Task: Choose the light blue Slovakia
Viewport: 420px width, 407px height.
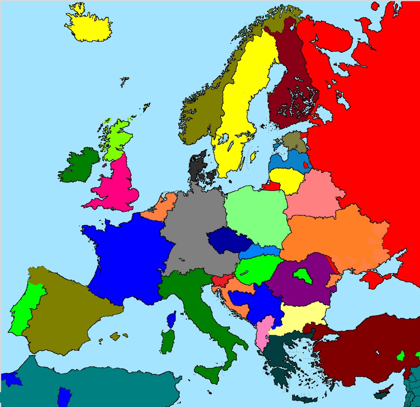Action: point(261,251)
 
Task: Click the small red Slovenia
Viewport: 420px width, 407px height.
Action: point(220,280)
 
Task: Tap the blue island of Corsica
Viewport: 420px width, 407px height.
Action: point(171,320)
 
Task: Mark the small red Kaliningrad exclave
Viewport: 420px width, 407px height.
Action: point(271,186)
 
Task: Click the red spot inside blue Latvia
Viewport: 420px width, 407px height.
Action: point(306,164)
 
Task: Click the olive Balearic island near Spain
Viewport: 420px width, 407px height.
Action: point(115,336)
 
